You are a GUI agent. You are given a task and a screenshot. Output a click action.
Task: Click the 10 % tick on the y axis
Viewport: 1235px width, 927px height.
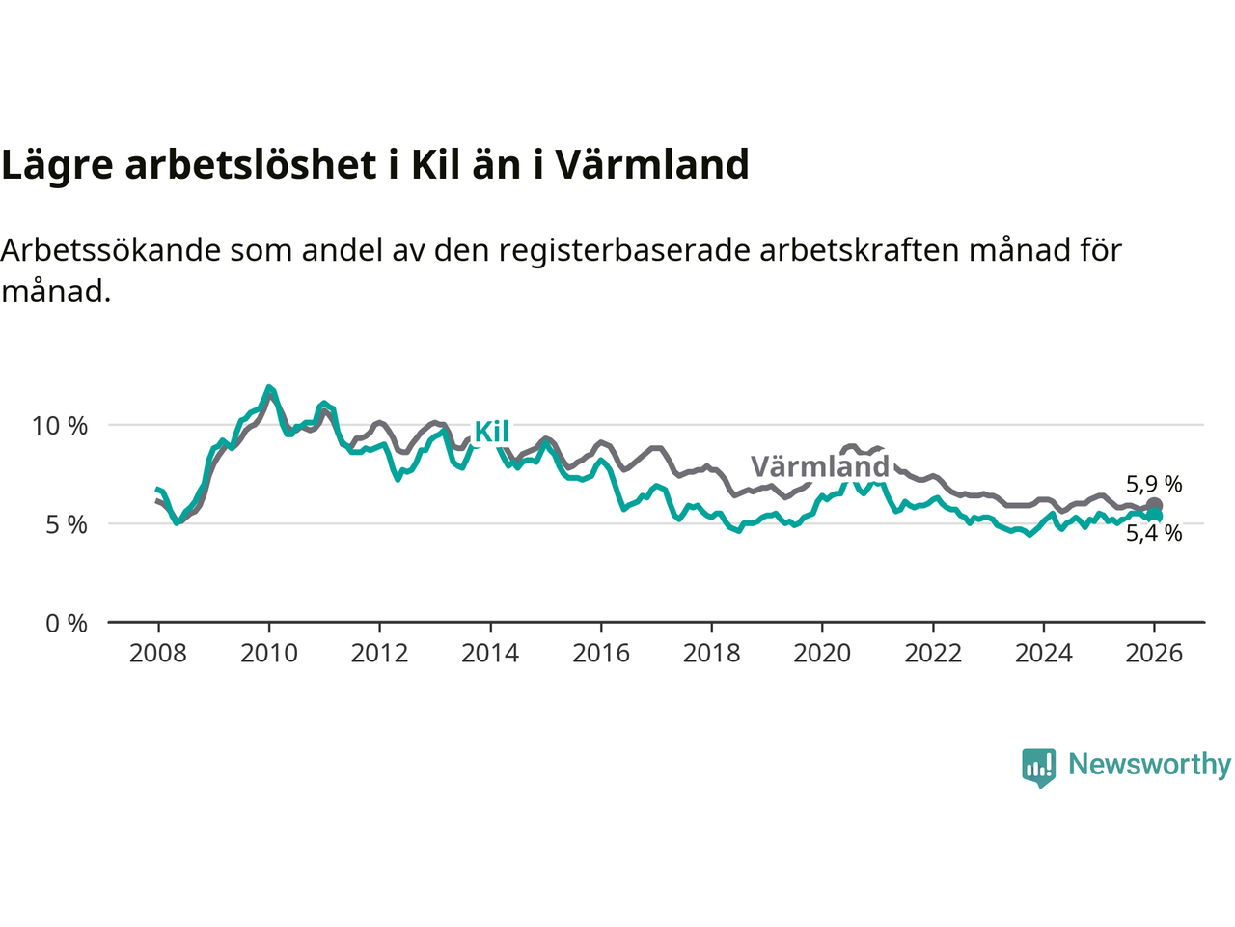[60, 426]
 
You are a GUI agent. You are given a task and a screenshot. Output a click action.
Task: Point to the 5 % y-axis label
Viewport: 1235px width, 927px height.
[66, 525]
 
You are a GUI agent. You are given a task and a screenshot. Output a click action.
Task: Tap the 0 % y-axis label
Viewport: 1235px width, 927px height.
[66, 624]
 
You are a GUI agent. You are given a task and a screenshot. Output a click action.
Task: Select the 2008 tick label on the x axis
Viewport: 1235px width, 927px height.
[158, 654]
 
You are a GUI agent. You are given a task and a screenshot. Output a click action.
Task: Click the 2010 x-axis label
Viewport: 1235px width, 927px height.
[269, 654]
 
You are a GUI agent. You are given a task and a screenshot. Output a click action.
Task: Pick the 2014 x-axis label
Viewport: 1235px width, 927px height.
[490, 654]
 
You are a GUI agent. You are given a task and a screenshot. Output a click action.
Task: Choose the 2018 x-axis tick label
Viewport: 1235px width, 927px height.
[711, 654]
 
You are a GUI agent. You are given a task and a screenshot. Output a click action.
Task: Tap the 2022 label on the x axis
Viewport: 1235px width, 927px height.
[933, 654]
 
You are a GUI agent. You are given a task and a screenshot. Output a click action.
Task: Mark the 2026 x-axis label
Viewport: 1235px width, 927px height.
[1154, 654]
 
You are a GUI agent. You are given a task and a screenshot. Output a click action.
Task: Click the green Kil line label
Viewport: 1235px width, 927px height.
[491, 432]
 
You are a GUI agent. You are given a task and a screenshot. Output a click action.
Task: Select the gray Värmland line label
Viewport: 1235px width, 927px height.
[820, 467]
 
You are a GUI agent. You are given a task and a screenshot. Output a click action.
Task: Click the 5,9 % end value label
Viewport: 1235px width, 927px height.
[1154, 484]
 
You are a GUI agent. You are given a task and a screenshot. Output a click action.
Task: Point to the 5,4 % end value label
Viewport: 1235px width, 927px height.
[1154, 533]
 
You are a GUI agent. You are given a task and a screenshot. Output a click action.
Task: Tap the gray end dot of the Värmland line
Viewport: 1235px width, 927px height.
[1154, 505]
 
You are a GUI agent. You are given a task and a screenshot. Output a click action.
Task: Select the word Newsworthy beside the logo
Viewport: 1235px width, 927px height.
[1149, 765]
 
